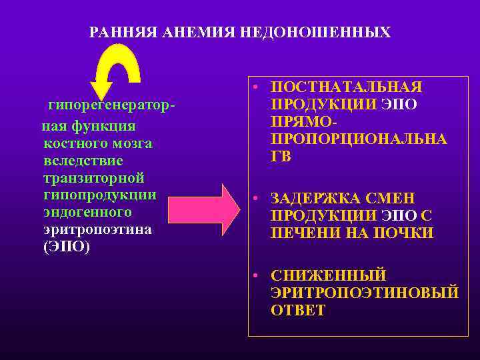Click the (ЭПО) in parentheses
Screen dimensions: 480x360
click(x=66, y=247)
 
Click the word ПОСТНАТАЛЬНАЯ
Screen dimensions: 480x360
click(x=347, y=88)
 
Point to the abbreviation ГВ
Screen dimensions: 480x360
click(x=281, y=157)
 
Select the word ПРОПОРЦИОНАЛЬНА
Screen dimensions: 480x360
click(x=359, y=139)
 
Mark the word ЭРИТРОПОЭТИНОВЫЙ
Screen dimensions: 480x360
click(x=365, y=293)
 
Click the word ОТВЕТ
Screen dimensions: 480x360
click(x=298, y=310)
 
